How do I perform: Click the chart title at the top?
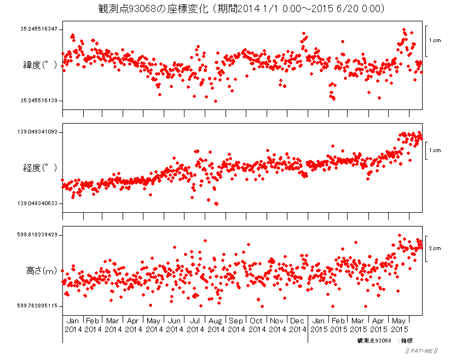point(241,9)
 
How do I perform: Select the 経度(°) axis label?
point(40,167)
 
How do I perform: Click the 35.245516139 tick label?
point(39,101)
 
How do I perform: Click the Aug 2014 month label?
point(216,325)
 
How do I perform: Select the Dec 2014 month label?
point(297,325)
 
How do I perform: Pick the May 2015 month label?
point(400,325)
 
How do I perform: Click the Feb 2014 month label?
point(93,325)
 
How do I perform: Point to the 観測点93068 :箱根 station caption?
point(384,341)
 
